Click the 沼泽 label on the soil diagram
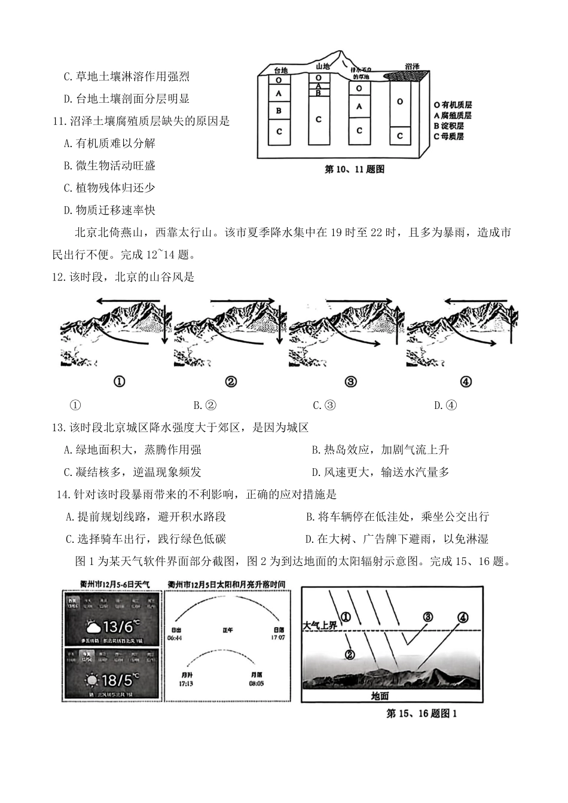click(412, 68)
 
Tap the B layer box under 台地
click(279, 111)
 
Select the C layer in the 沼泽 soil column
click(400, 136)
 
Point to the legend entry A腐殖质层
click(453, 115)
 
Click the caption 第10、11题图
click(354, 169)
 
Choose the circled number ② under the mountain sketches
click(231, 381)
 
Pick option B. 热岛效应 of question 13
click(380, 450)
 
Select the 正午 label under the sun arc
click(228, 630)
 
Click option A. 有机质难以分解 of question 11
click(110, 143)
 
